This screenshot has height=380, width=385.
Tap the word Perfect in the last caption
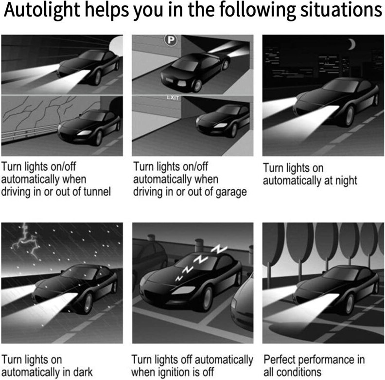click(280, 361)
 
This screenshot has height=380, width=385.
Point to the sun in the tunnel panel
click(115, 46)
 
